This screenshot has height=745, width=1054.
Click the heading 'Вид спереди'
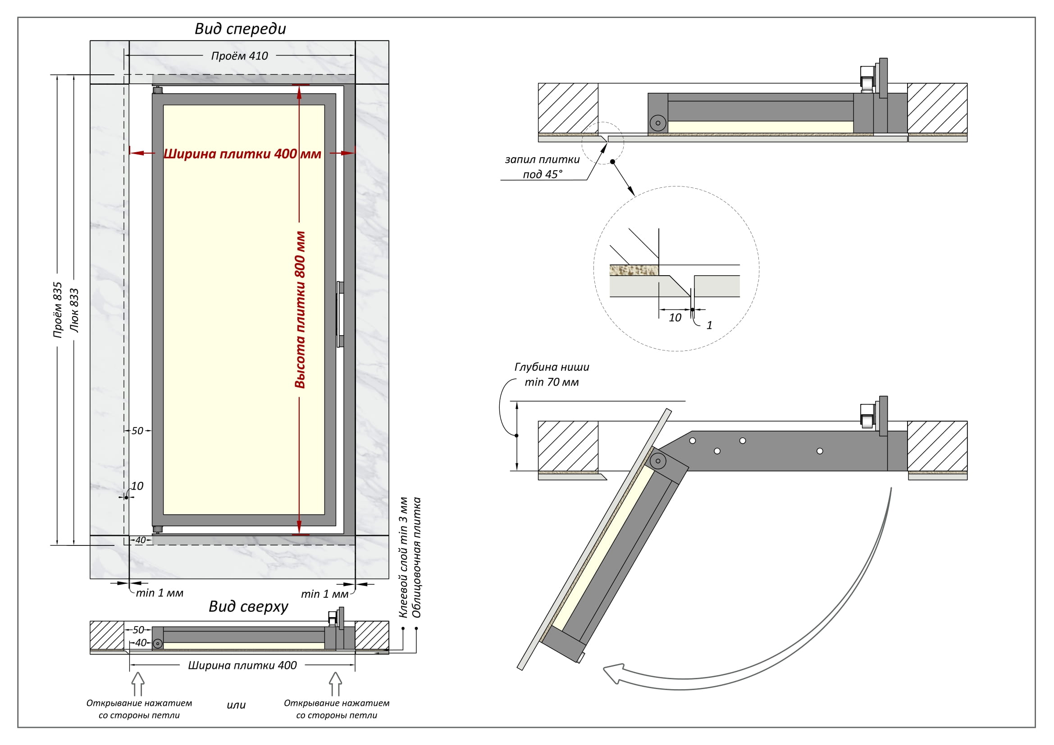(240, 29)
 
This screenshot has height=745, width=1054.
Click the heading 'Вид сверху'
(248, 606)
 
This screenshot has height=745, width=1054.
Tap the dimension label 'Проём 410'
(239, 56)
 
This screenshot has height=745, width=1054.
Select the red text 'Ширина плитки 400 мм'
(242, 154)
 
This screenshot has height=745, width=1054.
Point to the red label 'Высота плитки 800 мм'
(300, 309)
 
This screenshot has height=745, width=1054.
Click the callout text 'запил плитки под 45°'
(542, 167)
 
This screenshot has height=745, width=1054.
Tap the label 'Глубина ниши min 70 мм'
(551, 374)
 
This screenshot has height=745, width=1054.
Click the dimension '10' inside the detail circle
(675, 318)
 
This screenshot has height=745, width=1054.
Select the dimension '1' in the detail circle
(709, 325)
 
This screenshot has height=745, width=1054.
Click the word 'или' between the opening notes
(236, 705)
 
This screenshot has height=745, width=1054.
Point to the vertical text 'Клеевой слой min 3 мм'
(403, 557)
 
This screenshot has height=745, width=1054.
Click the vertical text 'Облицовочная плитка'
(416, 557)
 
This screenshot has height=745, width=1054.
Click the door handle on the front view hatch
(340, 314)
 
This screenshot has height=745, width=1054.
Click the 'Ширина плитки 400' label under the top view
(242, 665)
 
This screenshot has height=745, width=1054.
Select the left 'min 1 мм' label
(159, 593)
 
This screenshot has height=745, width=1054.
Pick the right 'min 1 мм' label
(324, 594)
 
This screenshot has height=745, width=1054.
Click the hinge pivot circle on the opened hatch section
(658, 461)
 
